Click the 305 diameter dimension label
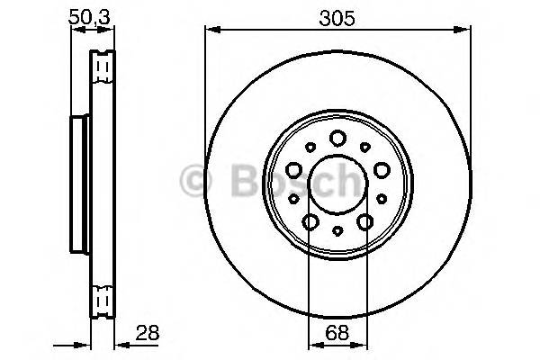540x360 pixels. pos(337,16)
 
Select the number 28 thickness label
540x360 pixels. pos(146,332)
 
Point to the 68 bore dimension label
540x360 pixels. pos(337,332)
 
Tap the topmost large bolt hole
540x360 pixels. pos(337,138)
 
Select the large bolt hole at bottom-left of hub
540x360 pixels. pos(310,221)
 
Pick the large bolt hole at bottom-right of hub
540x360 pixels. pos(365,221)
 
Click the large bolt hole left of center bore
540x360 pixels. pos(294,168)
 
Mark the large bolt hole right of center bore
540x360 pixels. pos(382,168)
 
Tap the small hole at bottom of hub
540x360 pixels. pos(337,231)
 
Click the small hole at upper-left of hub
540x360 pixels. pos(310,146)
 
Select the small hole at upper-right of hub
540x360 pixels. pos(365,146)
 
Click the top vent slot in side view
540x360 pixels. pos(103,67)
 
